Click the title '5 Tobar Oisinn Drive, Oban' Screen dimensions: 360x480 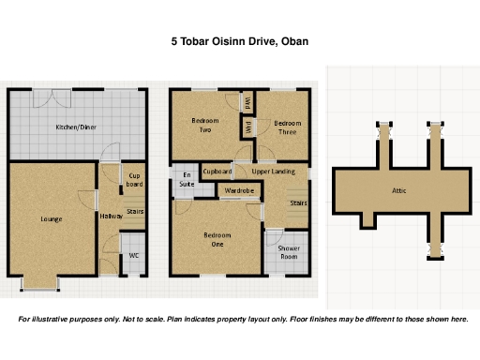[239, 41]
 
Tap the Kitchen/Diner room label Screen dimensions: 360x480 [76, 127]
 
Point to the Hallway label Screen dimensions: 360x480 [111, 217]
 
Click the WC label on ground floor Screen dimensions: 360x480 [134, 255]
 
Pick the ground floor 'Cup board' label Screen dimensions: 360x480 [134, 180]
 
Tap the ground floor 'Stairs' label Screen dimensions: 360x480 [135, 212]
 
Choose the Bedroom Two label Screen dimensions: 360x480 [205, 126]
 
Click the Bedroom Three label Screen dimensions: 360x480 [287, 127]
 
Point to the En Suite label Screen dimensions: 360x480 [187, 180]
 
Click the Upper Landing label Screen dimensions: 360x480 [274, 172]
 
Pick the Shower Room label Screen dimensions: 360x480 [290, 252]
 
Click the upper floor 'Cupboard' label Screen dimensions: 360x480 [217, 172]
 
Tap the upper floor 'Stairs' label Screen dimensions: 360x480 [298, 202]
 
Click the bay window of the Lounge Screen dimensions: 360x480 [40, 282]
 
